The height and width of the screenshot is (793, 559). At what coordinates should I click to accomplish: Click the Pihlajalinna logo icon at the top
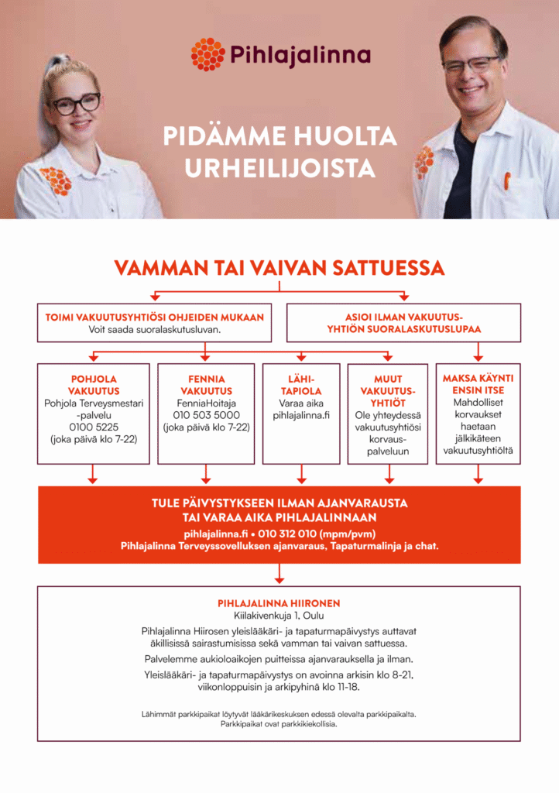pos(207,54)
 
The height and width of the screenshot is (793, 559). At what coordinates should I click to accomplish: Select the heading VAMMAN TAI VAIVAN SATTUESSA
pos(279,268)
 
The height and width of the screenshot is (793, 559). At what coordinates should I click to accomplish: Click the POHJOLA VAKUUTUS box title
pos(93,385)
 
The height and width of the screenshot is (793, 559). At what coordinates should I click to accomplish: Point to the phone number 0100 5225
pos(93,427)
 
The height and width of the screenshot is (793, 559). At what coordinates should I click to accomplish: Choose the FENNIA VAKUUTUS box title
pos(206,385)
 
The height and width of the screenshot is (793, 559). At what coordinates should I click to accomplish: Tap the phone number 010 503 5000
pos(206,415)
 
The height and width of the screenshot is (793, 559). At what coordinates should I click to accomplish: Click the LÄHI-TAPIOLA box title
pos(301,385)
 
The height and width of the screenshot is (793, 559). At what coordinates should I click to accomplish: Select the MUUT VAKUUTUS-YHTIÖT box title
pos(387,391)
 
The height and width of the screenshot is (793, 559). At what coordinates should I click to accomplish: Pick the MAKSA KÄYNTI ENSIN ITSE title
pos(478,384)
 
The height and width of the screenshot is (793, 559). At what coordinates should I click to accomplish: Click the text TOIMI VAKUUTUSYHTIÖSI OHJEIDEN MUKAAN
pos(154,318)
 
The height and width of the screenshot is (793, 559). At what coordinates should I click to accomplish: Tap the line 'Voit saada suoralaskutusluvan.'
pos(154,330)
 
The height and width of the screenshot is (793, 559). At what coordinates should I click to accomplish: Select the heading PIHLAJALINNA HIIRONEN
pos(279,602)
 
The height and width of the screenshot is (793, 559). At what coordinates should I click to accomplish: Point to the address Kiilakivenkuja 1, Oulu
pos(279,615)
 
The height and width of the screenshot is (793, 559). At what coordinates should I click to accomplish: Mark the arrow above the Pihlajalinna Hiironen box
pos(279,574)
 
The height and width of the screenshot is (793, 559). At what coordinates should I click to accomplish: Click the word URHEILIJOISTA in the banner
pos(279,168)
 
